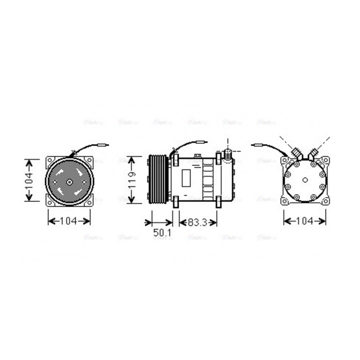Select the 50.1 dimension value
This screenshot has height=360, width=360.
click(162, 233)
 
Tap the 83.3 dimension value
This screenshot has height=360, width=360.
click(198, 222)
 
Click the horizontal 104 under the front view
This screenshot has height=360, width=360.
click(69, 221)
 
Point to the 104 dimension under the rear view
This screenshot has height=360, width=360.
click(305, 221)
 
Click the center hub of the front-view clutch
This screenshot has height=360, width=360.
click(69, 182)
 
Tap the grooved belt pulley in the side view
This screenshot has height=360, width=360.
click(157, 179)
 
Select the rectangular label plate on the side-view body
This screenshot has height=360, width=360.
click(186, 178)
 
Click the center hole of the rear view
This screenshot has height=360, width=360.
click(305, 180)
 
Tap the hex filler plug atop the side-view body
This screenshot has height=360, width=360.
click(197, 156)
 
